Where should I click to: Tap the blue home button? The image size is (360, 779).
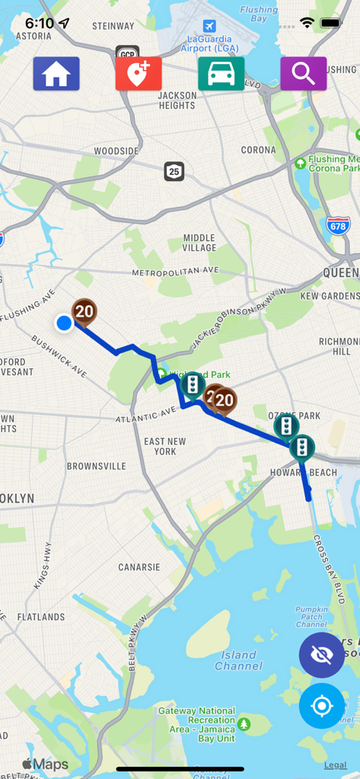pos(56,74)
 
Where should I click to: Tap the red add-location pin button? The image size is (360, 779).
pos(139,74)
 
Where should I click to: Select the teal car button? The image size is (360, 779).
pos(221,74)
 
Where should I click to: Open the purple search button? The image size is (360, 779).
pos(303,74)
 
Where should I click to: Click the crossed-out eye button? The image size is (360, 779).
pos(321,655)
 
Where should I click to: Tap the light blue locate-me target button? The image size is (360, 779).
pos(321,706)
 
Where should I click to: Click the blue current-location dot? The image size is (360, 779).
pos(64,323)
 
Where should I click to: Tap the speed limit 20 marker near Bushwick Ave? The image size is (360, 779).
pos(84,311)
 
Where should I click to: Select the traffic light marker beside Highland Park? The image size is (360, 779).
pos(193,385)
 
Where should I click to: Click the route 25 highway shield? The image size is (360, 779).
pos(174,171)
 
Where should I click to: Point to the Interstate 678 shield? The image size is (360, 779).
pos(338,225)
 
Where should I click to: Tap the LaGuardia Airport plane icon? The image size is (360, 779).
pos(209,27)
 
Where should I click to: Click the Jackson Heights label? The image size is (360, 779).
pos(177,100)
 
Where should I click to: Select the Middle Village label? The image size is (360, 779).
pos(199,243)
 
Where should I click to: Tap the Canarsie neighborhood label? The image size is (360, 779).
pos(139,567)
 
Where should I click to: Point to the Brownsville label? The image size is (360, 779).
pos(97,466)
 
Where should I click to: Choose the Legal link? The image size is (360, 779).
pos(335,765)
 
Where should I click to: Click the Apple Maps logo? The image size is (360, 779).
pos(45,765)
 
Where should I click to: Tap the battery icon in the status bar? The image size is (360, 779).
pos(331,23)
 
